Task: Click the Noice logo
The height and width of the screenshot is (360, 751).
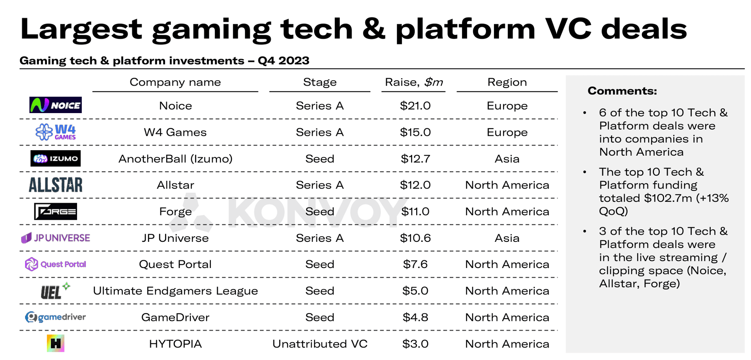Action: [56, 105]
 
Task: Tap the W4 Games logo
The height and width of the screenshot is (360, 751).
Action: [56, 132]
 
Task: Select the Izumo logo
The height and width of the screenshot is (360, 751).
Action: [56, 158]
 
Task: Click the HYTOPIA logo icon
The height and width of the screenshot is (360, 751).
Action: [56, 344]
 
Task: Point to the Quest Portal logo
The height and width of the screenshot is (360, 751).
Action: [56, 264]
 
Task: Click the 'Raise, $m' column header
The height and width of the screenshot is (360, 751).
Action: [414, 82]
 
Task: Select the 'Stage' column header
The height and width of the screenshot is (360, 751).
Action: [320, 82]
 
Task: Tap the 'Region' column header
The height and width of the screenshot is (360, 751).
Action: [507, 82]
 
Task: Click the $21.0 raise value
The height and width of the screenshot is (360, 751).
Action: [415, 106]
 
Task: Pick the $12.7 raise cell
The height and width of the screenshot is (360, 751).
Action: [415, 158]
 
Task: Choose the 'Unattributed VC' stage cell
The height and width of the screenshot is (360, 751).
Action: [320, 344]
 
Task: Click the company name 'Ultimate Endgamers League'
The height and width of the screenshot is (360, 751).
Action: [175, 291]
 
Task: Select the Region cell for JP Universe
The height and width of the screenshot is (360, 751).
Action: [507, 238]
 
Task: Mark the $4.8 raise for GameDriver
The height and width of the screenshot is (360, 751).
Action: [415, 317]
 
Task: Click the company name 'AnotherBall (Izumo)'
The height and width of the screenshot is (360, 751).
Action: [175, 158]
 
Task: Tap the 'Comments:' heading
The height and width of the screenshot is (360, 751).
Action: [622, 91]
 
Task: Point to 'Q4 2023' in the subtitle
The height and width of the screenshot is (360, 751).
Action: [284, 61]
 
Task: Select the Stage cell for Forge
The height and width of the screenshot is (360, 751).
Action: [320, 211]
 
